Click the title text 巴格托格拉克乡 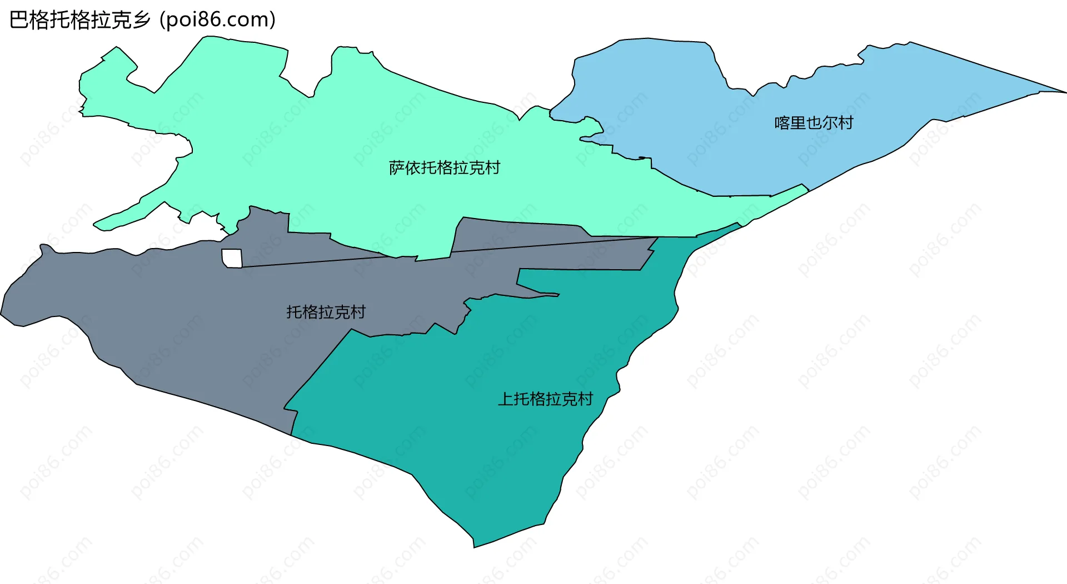[x=80, y=20]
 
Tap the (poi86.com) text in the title [x=217, y=20]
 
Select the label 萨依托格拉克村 [x=444, y=167]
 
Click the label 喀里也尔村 [x=814, y=122]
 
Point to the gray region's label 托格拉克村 [x=326, y=312]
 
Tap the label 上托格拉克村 [x=545, y=399]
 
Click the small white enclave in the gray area [x=232, y=258]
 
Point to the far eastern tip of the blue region [x=1064, y=92]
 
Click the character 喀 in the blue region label [x=782, y=122]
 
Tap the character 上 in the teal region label [x=505, y=399]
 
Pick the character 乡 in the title [x=142, y=20]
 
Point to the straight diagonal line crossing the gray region [x=445, y=253]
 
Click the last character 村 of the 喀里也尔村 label [x=846, y=122]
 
